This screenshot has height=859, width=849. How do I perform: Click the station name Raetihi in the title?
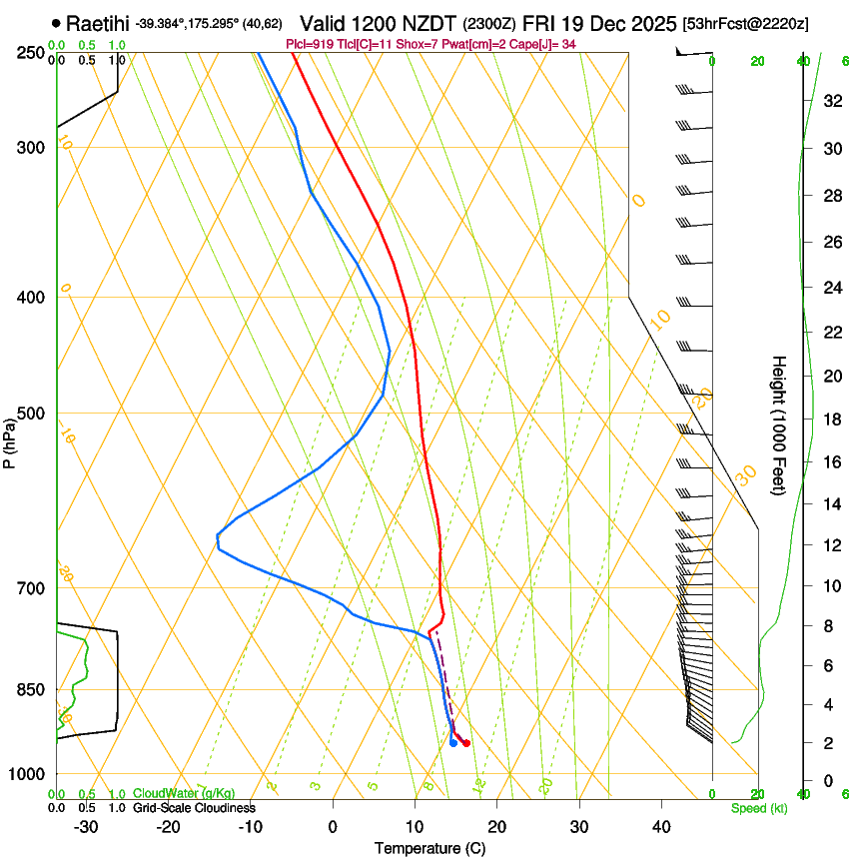coord(98,23)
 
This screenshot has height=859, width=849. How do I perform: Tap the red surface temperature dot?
coord(466,743)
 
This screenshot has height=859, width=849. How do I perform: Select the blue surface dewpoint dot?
coord(453,742)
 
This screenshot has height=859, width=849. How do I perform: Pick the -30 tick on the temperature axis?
coord(86,827)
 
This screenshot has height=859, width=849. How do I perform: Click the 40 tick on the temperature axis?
coord(661,827)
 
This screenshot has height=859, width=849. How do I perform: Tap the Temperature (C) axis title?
coord(429,848)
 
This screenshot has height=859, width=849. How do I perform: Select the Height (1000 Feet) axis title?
coord(779,425)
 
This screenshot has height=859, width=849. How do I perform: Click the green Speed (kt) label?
coord(758,808)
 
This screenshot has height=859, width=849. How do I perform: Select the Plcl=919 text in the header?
coord(310,43)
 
